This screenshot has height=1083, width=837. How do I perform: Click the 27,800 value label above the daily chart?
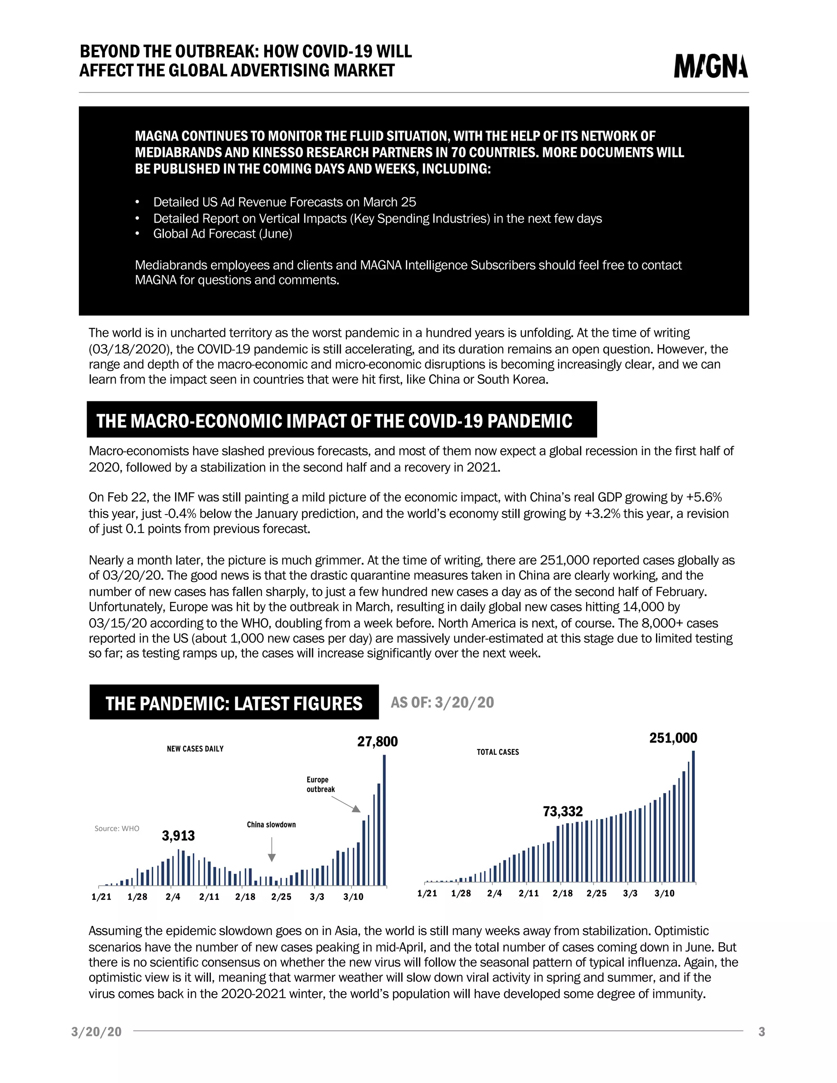coord(377,741)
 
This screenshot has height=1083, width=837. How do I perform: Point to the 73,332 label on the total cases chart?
coord(562,811)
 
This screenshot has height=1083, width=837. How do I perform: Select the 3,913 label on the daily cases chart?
coord(178,836)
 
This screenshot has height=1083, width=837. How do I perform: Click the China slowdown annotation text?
coord(271,825)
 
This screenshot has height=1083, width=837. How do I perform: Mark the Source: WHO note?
coord(116,828)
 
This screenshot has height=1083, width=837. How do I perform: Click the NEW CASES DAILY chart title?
coord(195,749)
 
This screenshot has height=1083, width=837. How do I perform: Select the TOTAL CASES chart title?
coord(497,752)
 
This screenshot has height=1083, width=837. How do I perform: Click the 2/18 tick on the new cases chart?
coord(245,897)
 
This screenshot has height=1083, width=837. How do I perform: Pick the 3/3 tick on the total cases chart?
coord(630,893)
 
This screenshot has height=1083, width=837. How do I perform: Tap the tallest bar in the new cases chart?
coord(384,823)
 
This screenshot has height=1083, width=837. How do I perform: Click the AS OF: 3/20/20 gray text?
coord(442,702)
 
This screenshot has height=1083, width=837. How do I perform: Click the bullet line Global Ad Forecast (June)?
coord(222,233)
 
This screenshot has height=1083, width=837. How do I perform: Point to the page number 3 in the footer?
coord(762,1032)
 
